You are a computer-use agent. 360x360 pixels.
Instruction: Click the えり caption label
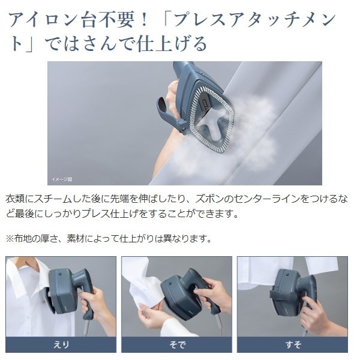point(61,344)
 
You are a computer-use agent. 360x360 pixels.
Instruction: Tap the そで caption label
point(177,344)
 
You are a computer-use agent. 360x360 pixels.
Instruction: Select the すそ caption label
point(293,344)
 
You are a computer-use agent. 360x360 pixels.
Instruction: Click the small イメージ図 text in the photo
point(62,179)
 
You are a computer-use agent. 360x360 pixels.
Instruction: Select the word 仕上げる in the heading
point(172,44)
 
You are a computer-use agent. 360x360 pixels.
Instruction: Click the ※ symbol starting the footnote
point(10,239)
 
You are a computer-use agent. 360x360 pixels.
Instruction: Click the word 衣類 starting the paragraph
point(14,199)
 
